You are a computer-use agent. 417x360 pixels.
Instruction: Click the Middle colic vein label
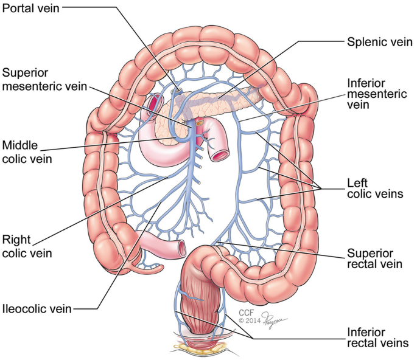(x=28, y=152)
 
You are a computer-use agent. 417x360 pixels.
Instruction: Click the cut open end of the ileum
(x=182, y=247)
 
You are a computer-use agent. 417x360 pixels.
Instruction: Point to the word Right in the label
(x=15, y=240)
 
